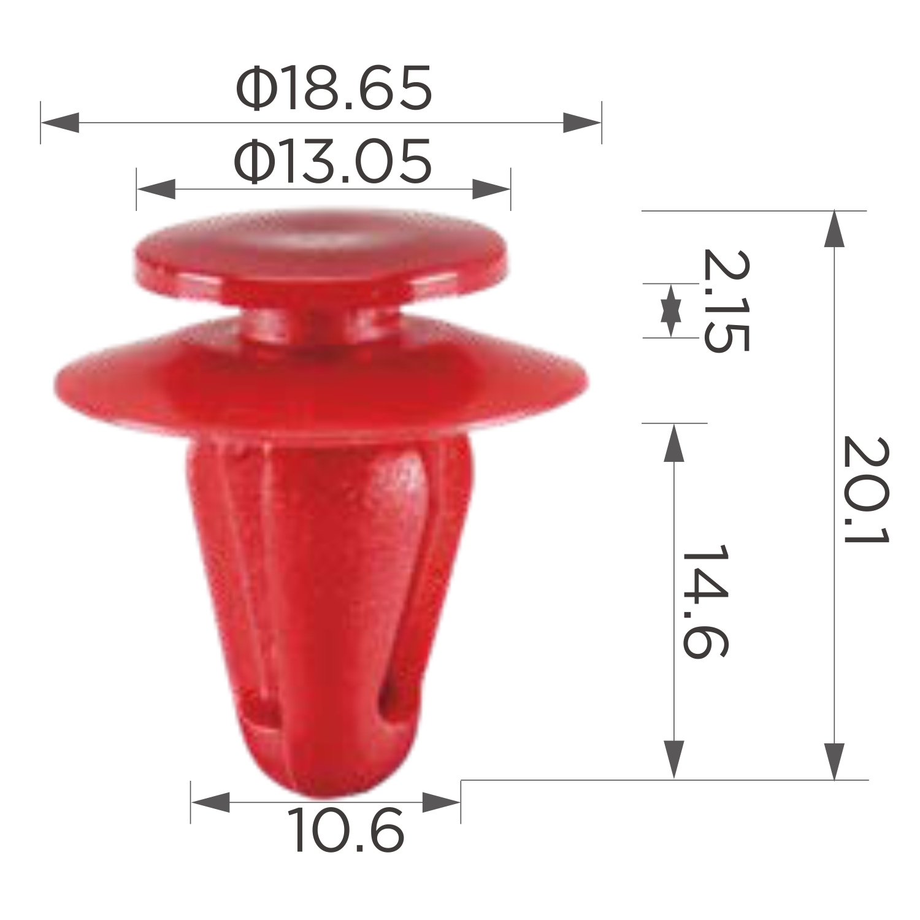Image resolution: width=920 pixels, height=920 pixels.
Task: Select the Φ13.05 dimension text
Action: click(x=333, y=162)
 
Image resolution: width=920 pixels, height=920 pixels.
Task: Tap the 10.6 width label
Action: click(x=345, y=830)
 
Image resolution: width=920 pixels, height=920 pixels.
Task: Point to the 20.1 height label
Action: click(x=865, y=489)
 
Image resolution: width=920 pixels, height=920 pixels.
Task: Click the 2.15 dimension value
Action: click(x=726, y=301)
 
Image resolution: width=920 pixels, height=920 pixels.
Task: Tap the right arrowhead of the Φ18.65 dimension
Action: click(x=582, y=123)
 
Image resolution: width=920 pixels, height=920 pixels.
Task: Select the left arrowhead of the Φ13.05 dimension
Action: click(x=156, y=190)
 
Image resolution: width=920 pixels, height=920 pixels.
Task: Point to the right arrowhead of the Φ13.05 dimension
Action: click(x=491, y=190)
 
